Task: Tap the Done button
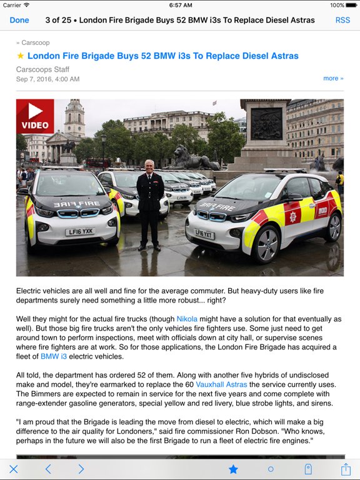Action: pos(19,20)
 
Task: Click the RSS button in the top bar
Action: pos(342,20)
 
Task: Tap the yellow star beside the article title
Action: pos(21,56)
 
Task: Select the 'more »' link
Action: pos(333,78)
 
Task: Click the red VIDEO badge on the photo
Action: pos(35,117)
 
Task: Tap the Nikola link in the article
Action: pos(187,319)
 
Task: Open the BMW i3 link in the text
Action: pos(54,356)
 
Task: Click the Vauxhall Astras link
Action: pos(222,384)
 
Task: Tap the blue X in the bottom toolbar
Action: pos(14,469)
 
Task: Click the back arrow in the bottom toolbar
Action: pos(48,469)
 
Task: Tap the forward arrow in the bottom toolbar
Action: pos(81,469)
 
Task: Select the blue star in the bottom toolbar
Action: pos(233,469)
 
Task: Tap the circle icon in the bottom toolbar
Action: pos(271,469)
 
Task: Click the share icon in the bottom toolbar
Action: pos(346,468)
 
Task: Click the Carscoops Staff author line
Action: pos(42,69)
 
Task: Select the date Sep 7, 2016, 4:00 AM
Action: pos(47,79)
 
